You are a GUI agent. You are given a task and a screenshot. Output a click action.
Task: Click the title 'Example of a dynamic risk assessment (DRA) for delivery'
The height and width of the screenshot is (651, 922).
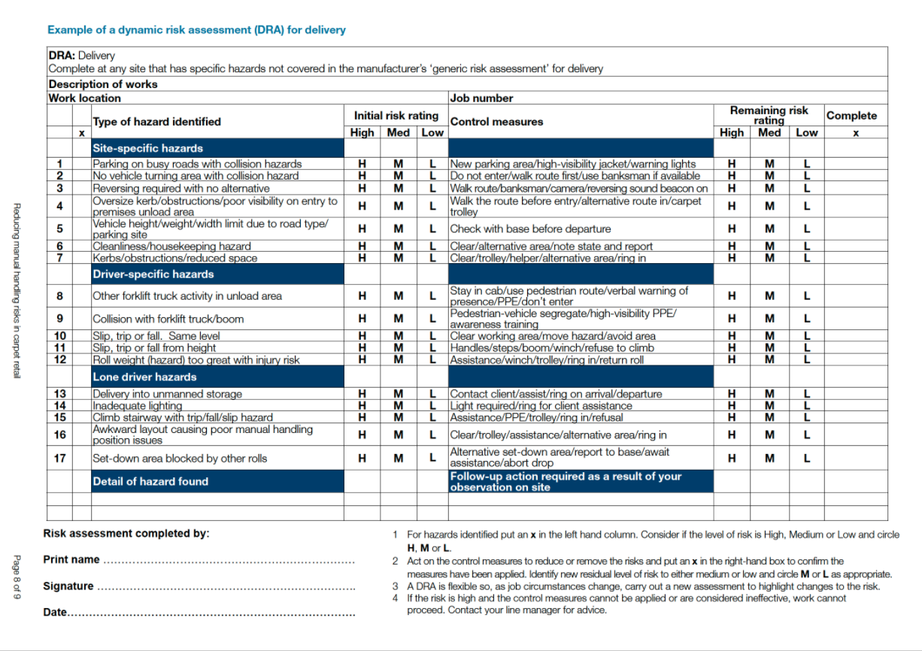tap(196, 30)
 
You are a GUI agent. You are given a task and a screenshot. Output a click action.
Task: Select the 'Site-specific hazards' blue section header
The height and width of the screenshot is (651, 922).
tap(147, 148)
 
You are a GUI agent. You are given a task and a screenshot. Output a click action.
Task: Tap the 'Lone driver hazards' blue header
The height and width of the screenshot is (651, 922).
tap(144, 377)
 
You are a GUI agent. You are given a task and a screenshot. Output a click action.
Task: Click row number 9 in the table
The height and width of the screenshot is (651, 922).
tap(59, 319)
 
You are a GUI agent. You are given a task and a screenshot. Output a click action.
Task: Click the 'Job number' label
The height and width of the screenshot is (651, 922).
tap(481, 98)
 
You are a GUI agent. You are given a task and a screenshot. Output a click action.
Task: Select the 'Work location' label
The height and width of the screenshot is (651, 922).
tap(84, 98)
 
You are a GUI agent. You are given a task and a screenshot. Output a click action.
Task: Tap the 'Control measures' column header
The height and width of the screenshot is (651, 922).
tap(496, 121)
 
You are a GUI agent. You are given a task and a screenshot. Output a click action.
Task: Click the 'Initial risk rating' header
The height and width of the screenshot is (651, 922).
tap(396, 115)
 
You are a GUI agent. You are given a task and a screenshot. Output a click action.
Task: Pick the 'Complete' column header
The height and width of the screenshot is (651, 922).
tap(851, 116)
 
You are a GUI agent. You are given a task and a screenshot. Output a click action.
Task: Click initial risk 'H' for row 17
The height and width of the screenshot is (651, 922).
tap(362, 458)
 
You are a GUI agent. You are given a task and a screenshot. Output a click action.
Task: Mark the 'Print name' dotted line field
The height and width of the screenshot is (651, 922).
tap(229, 561)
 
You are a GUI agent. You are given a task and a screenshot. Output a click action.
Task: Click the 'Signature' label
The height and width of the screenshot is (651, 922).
tap(68, 586)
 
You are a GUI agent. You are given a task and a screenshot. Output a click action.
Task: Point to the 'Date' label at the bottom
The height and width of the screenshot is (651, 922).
tap(55, 613)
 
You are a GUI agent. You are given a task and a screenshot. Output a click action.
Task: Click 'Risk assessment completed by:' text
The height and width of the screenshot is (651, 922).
tap(126, 534)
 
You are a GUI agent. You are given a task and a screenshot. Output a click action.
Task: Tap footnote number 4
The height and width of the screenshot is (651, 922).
tap(395, 598)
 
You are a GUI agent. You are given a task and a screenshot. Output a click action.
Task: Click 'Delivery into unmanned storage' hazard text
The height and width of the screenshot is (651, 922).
tap(167, 394)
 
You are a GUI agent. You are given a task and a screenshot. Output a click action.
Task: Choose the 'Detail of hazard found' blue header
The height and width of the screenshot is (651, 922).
tap(150, 481)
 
